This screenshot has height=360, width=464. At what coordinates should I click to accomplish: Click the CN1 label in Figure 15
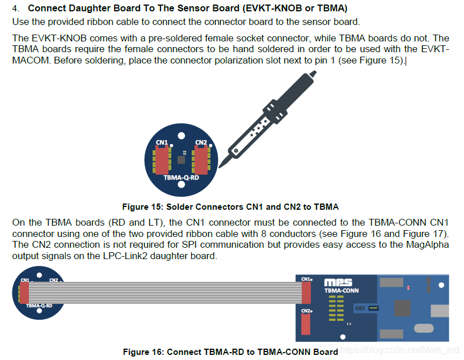click(x=161, y=142)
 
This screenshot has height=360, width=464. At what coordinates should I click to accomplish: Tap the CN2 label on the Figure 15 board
click(x=200, y=142)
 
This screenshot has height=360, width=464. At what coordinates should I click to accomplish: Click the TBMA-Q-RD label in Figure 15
click(x=180, y=177)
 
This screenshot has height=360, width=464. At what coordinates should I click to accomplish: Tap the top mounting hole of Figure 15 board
click(x=181, y=136)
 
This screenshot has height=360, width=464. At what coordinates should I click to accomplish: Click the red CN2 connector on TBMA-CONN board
click(x=306, y=324)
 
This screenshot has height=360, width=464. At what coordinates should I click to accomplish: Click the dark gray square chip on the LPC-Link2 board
click(x=402, y=308)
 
